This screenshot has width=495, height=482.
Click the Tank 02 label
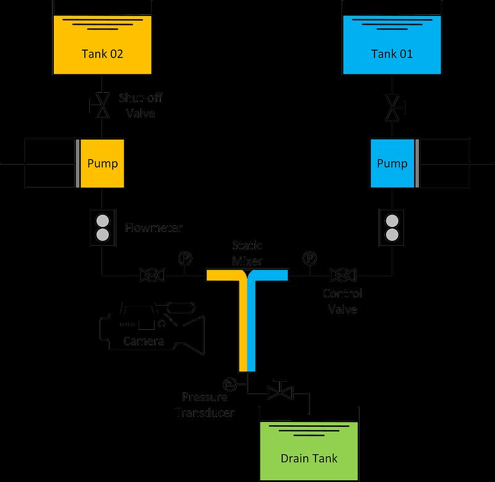[102, 54]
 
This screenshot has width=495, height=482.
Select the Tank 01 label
[392, 54]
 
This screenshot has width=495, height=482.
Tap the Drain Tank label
[309, 458]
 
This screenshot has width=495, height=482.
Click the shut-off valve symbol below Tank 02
[101, 106]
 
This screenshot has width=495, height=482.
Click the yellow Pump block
[102, 164]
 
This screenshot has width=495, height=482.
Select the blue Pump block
[392, 164]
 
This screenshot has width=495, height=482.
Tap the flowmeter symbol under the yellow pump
[102, 228]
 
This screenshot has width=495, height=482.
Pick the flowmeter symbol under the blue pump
[392, 228]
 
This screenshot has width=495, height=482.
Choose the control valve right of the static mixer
[342, 274]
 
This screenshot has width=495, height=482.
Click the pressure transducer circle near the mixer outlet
[230, 384]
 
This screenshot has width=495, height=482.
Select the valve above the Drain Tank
[280, 392]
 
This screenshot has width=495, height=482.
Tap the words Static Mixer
[247, 253]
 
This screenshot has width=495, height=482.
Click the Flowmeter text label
[154, 228]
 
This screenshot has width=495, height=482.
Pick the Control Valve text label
[343, 301]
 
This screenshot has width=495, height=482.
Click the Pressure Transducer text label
[204, 405]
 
